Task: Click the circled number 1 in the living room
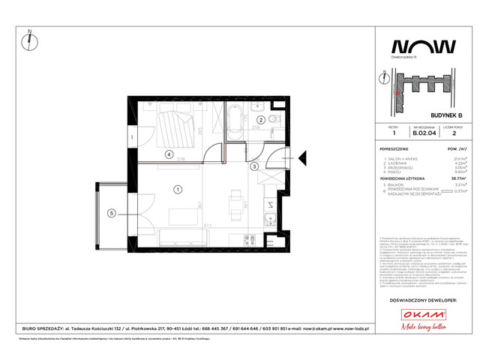click(178, 189)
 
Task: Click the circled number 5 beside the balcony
click(111, 213)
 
